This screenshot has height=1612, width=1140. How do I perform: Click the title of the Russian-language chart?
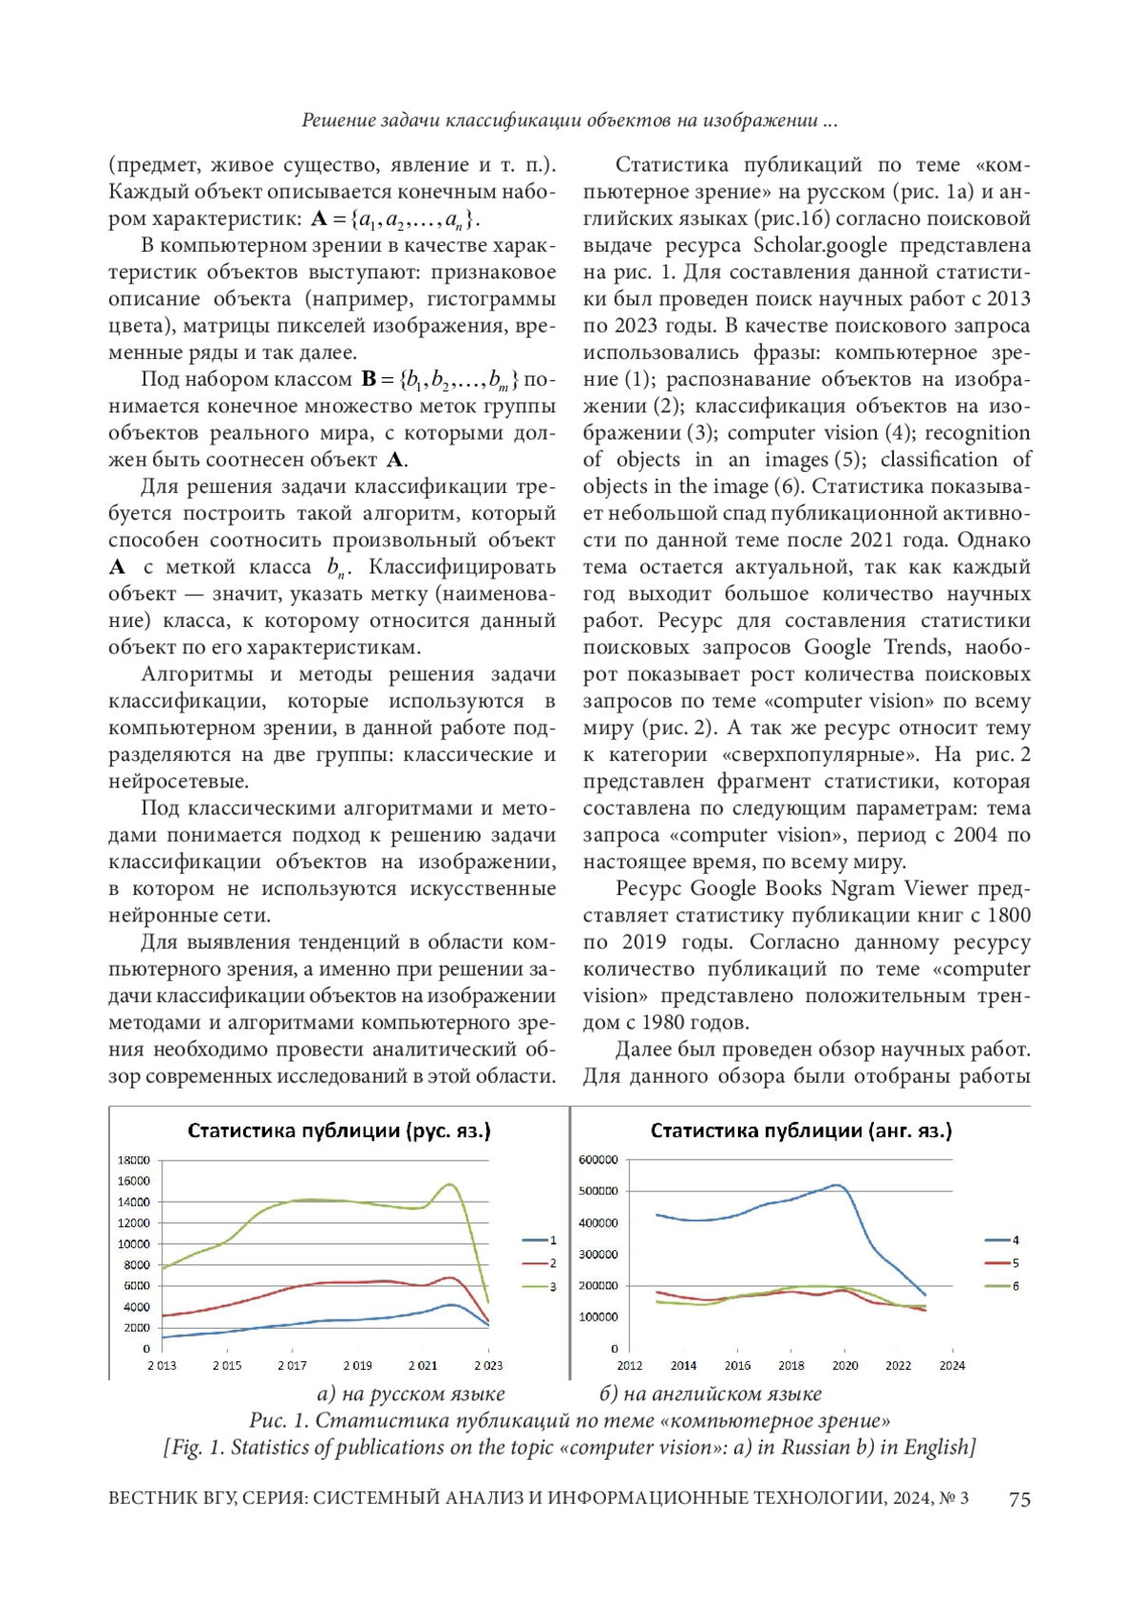click(339, 1130)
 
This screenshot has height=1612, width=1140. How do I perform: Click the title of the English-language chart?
click(801, 1130)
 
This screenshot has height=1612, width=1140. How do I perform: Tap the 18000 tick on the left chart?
click(134, 1160)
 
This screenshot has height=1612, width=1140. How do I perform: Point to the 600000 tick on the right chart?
click(598, 1160)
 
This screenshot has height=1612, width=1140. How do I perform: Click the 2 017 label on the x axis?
click(292, 1365)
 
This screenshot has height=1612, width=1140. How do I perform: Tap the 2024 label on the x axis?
click(952, 1365)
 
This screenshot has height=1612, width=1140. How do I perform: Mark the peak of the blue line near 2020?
click(836, 1185)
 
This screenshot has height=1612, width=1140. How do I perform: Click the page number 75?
click(1019, 1499)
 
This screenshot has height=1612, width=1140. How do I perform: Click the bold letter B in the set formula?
click(370, 380)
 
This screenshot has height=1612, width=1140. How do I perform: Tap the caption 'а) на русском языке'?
click(410, 1394)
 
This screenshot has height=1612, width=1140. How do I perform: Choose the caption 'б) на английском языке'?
click(710, 1394)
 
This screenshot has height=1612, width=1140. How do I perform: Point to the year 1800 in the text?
click(1008, 916)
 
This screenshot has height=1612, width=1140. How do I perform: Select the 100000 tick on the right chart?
click(598, 1317)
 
